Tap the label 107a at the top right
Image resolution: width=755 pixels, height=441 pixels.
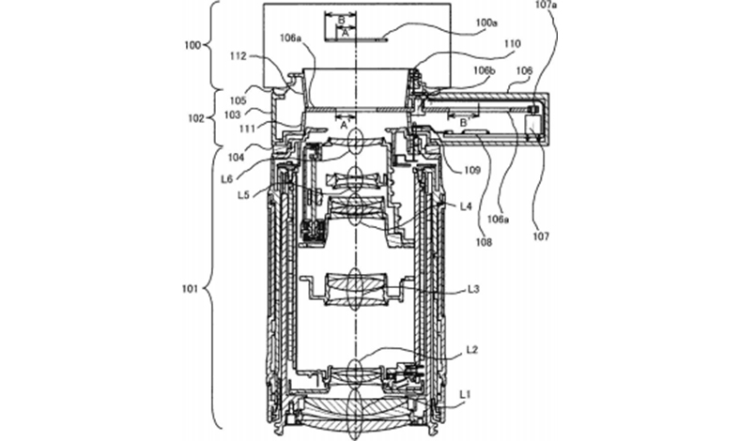[547, 6]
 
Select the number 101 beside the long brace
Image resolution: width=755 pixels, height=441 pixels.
[190, 289]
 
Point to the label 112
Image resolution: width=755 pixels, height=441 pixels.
[239, 56]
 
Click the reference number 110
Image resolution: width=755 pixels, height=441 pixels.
[513, 44]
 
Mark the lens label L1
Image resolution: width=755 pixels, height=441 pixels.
[465, 394]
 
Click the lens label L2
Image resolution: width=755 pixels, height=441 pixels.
[471, 350]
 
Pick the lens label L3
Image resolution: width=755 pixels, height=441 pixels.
[474, 289]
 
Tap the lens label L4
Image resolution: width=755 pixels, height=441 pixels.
[466, 206]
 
